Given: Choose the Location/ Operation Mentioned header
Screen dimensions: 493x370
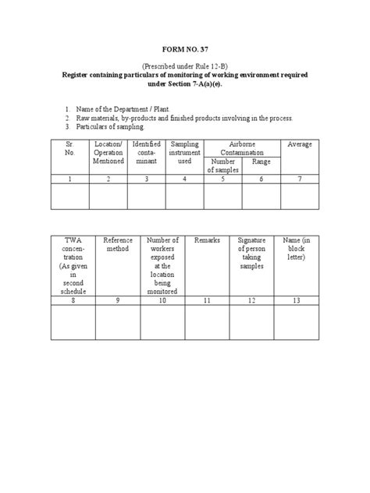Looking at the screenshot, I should click(x=108, y=153).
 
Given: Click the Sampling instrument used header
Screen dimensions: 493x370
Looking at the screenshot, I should click(x=185, y=153).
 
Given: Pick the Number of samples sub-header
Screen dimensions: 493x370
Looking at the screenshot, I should click(x=223, y=165).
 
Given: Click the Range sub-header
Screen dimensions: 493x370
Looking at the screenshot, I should click(x=261, y=161).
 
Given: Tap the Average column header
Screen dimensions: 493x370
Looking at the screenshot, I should click(x=301, y=144).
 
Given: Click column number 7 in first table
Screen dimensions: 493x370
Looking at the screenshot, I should click(x=301, y=179).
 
